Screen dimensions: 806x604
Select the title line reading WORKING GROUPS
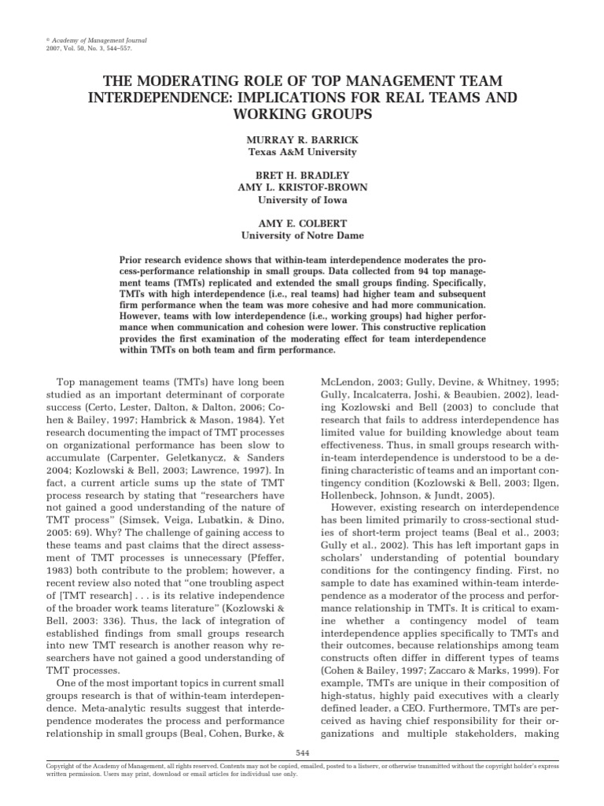pos(302,113)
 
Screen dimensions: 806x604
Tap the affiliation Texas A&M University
pos(302,152)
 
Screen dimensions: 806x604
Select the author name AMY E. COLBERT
pos(302,223)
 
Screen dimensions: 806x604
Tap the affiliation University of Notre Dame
pos(302,235)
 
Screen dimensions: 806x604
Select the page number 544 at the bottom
pos(302,753)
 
